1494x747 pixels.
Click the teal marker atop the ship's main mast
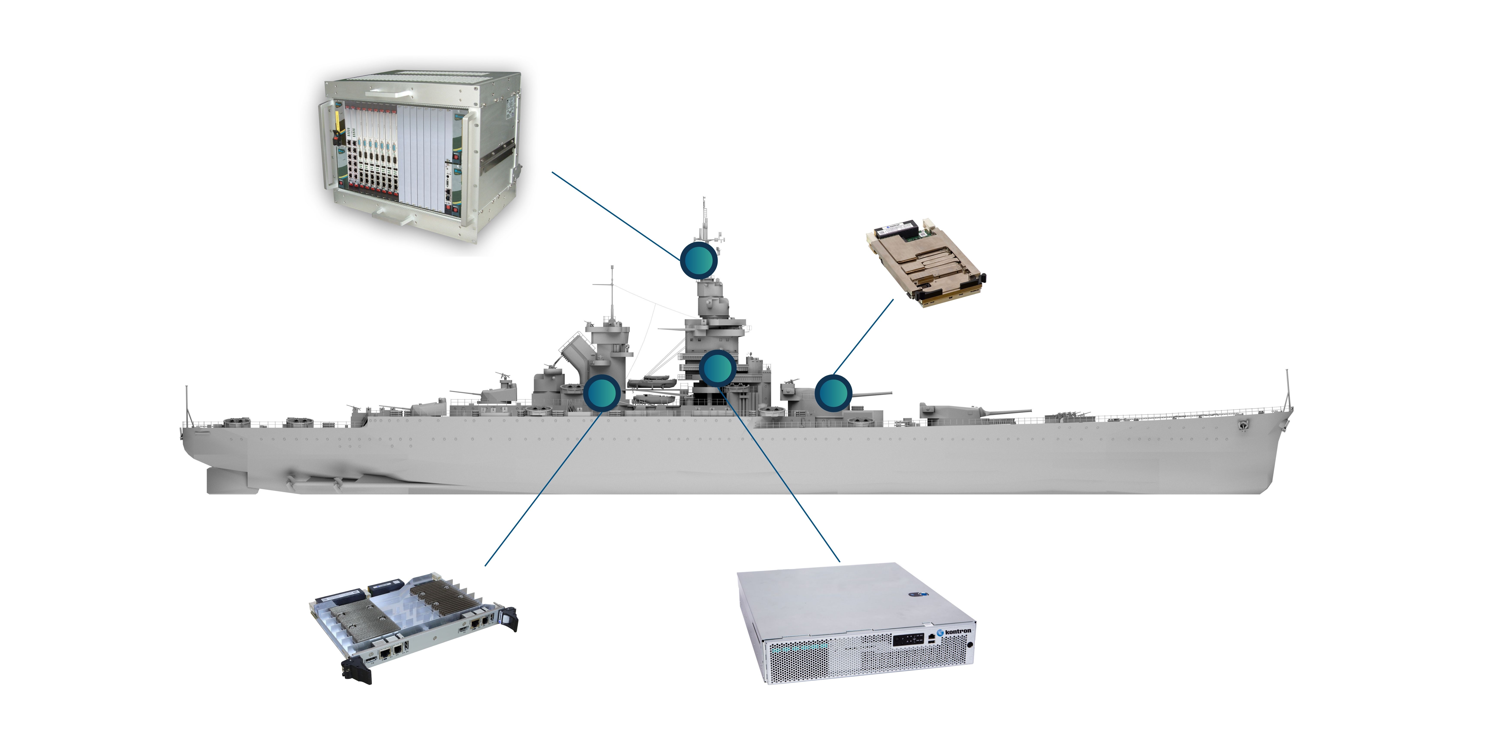pos(698,260)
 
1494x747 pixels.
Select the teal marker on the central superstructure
pos(717,368)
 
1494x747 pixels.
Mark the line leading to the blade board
pos(542,487)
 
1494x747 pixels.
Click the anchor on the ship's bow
pos(1243,425)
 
